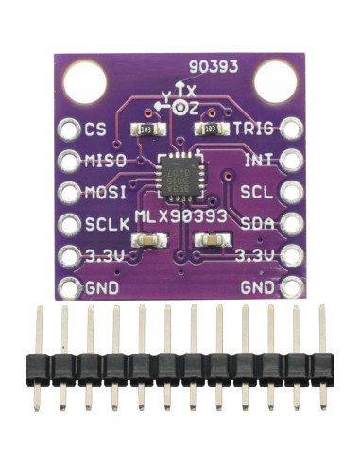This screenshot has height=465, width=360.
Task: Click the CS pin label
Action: [x=94, y=129]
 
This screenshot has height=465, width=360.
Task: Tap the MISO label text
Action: [x=105, y=161]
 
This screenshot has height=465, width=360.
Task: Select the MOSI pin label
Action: [x=105, y=192]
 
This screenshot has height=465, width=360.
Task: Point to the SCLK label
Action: [x=105, y=224]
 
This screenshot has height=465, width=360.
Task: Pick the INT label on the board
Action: [x=259, y=161]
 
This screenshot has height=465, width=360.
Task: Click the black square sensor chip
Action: [x=180, y=177]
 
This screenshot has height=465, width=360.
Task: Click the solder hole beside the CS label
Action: [x=69, y=129]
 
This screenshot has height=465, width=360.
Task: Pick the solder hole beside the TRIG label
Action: [x=290, y=129]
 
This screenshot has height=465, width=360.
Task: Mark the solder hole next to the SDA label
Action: [x=290, y=224]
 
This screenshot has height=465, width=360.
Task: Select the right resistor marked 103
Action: [x=211, y=129]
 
